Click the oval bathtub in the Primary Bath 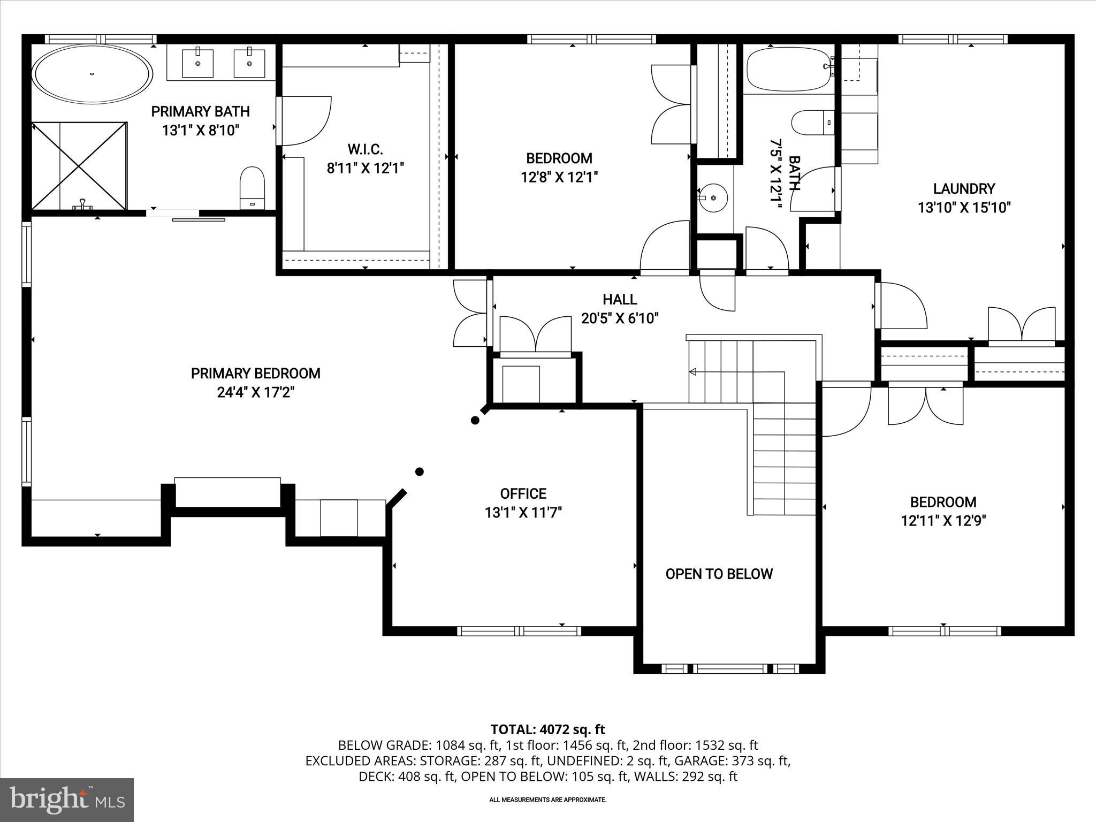point(92,74)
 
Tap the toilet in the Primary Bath point(252,187)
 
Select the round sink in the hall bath point(713,197)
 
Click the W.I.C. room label point(365,149)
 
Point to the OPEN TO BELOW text point(719,574)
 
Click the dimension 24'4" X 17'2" point(256,392)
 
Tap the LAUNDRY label point(964,188)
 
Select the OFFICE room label point(523,493)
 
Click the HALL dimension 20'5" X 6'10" point(620,318)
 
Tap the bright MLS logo point(67,800)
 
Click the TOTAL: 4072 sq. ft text point(547,729)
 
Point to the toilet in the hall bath point(812,123)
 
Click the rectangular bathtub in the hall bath point(788,69)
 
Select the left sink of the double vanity point(197,63)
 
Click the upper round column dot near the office point(475,420)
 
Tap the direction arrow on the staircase point(692,371)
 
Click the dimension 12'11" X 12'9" point(943,521)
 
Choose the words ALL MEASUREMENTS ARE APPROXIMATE point(547,800)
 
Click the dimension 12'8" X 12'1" point(559,177)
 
